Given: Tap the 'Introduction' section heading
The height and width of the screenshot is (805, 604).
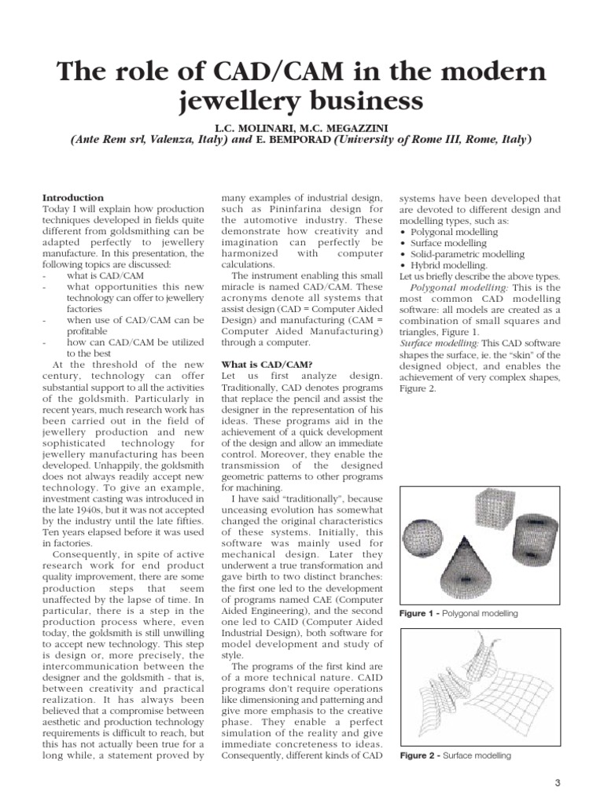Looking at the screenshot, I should [x=72, y=197].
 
